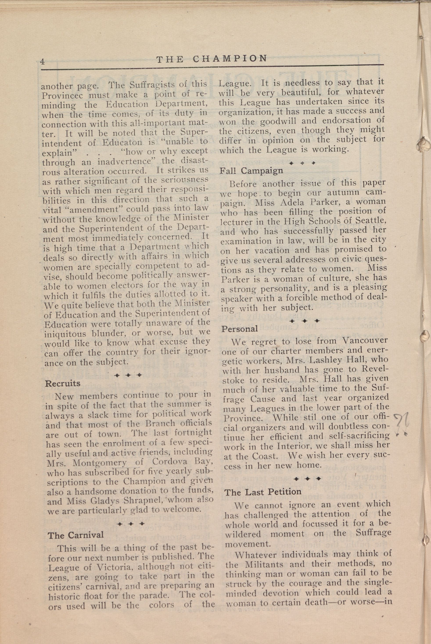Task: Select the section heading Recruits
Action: (x=63, y=383)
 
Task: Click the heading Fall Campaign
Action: (x=251, y=171)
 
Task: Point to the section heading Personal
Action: (x=240, y=329)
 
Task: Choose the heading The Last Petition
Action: (x=263, y=492)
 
